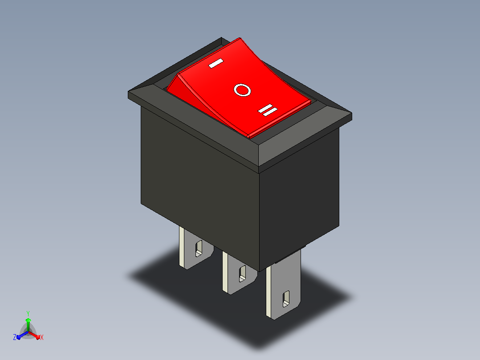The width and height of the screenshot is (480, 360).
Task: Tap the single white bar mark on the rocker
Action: coord(216,63)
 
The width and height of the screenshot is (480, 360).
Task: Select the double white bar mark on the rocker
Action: coord(268,110)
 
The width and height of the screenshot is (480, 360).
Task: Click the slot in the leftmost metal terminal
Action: coord(199,248)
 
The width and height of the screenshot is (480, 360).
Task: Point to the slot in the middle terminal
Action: coord(242,274)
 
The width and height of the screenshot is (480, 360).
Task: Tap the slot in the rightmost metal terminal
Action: coord(286,299)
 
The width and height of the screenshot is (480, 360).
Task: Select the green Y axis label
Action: coord(28,314)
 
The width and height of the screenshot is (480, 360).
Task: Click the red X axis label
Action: coord(42,337)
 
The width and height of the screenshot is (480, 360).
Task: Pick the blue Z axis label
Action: coord(15,337)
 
